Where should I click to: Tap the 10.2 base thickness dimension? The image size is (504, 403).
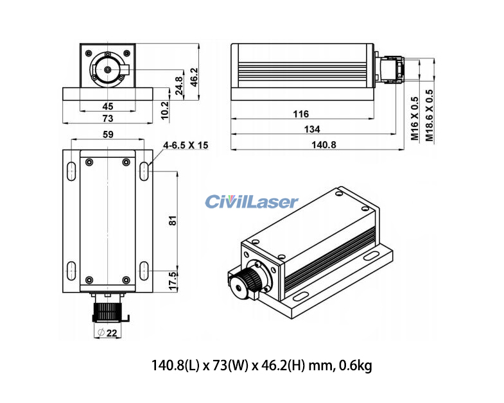click(x=164, y=110)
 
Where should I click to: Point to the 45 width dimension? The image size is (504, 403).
click(x=108, y=106)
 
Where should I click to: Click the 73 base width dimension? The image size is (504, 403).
click(x=108, y=118)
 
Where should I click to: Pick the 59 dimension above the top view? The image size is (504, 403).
click(x=108, y=134)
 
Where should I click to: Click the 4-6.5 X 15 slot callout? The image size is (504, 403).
click(x=186, y=146)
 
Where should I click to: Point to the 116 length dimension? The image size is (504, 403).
click(x=300, y=114)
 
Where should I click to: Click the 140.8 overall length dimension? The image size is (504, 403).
click(x=315, y=145)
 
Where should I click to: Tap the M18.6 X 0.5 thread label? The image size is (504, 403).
click(x=431, y=116)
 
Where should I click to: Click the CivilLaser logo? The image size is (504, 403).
click(x=252, y=202)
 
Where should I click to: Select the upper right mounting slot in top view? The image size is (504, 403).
click(x=145, y=170)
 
